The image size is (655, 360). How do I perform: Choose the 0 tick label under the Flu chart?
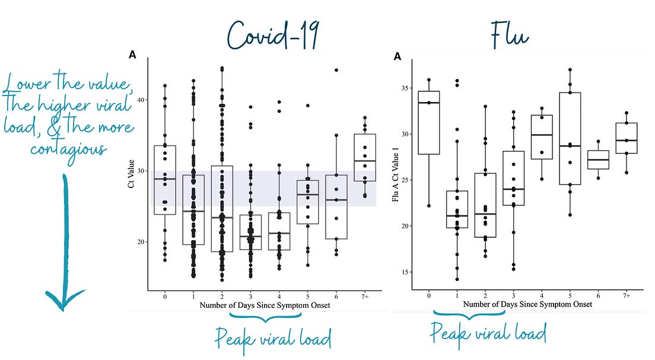coord(428,295)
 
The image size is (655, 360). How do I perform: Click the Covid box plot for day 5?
coord(308,202)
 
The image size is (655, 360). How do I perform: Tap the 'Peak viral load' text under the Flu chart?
coord(488,332)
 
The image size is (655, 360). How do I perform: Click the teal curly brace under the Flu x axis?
coord(469,314)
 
